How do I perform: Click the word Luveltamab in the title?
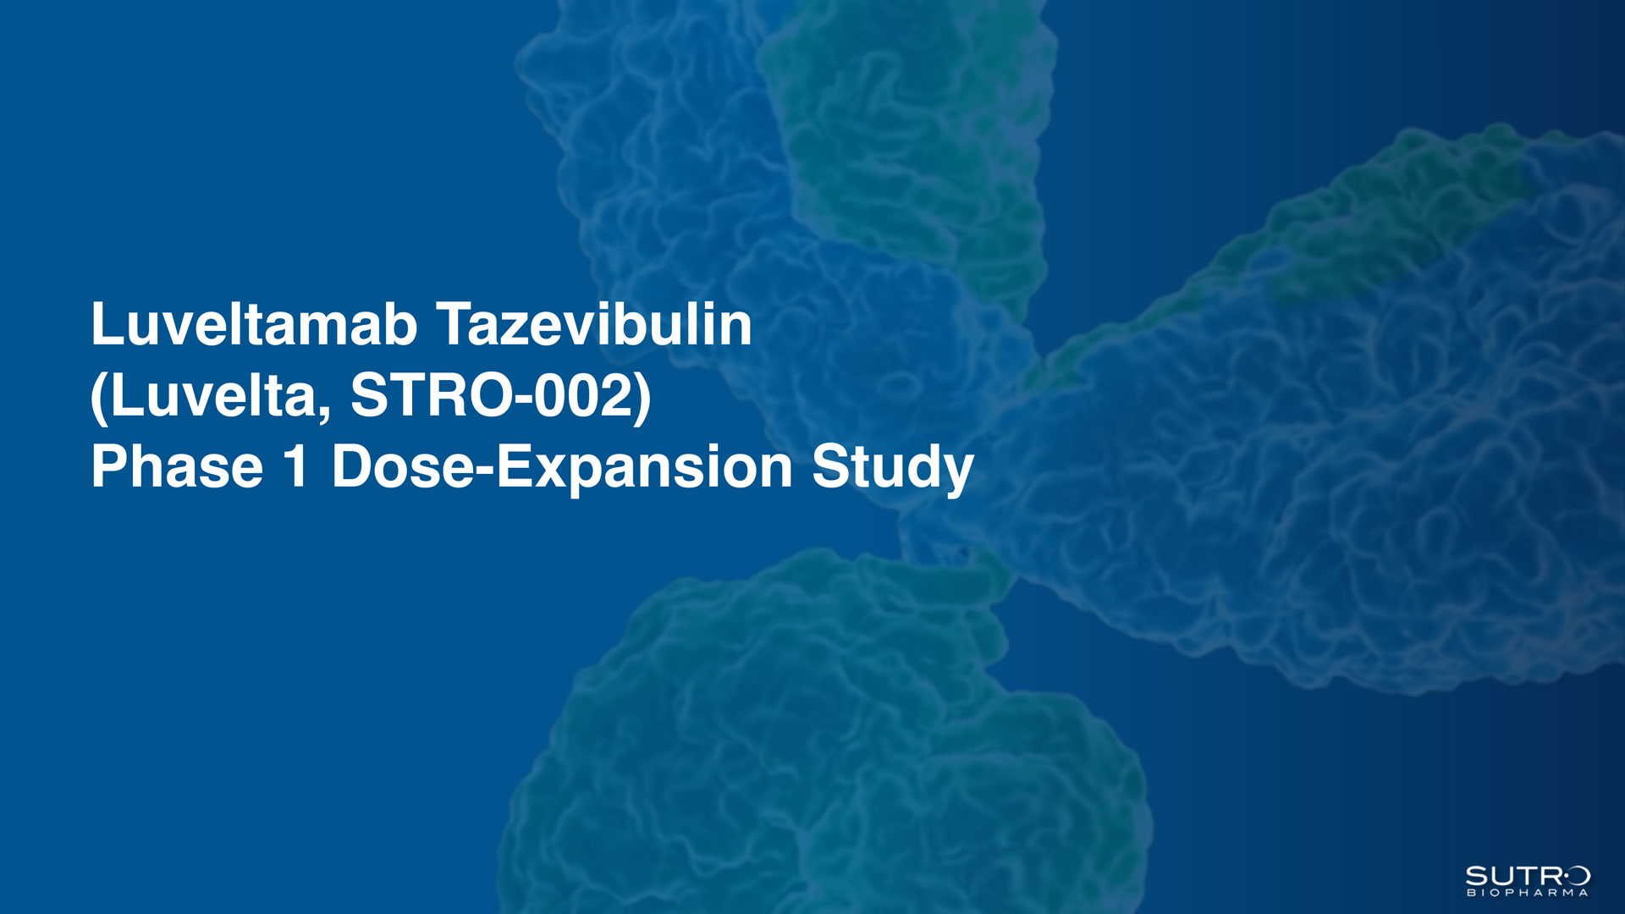click(254, 324)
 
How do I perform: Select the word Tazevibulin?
click(594, 324)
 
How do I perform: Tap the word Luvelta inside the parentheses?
click(215, 395)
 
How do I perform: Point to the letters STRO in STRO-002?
click(430, 395)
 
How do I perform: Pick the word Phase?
click(177, 466)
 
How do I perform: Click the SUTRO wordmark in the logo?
click(1528, 876)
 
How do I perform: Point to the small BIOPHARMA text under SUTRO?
click(1528, 893)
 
